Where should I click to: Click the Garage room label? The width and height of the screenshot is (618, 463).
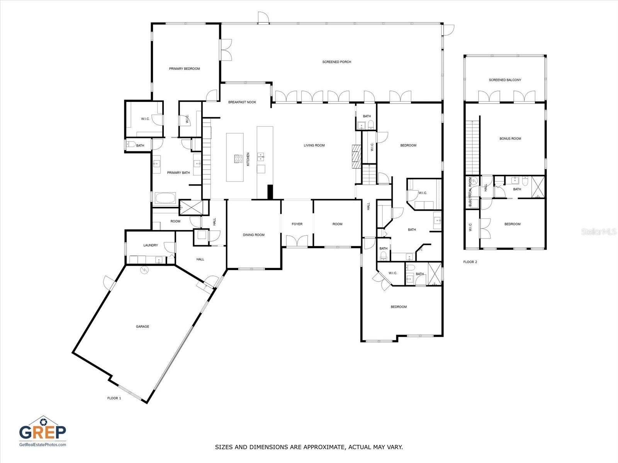[143, 326]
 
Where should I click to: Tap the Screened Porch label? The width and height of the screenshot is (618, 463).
[337, 62]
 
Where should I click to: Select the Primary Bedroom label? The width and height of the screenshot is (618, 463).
[184, 69]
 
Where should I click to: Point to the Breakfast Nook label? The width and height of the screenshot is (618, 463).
[242, 102]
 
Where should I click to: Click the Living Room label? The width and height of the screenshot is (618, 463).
[314, 145]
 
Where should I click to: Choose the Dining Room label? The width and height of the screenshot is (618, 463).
[254, 235]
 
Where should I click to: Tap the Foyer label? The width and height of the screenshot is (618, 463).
[297, 224]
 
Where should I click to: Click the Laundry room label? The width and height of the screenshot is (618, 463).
[151, 245]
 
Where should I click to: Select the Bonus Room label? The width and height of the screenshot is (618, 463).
[510, 139]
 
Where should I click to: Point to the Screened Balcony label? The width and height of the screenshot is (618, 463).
[505, 80]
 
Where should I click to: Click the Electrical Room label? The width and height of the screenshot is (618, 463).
[470, 192]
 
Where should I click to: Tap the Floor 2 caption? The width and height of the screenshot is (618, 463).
[470, 262]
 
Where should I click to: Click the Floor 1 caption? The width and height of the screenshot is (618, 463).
[114, 398]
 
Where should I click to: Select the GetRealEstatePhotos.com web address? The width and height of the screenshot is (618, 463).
[42, 444]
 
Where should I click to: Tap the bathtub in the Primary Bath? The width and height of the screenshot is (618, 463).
[165, 198]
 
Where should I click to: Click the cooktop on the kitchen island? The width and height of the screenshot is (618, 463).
[238, 159]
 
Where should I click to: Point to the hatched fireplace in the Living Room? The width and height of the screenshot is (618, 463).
[356, 157]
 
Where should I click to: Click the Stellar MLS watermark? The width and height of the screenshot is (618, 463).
[598, 231]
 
